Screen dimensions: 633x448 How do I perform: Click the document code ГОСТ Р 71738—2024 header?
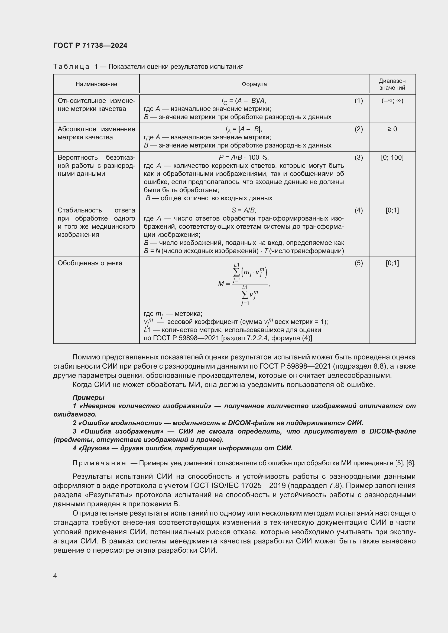(x=90, y=45)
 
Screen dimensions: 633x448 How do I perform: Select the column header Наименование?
(x=96, y=84)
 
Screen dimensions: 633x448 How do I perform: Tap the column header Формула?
(x=254, y=84)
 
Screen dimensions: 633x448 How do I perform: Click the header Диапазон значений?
(x=392, y=84)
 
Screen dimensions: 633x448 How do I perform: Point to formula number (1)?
(x=359, y=101)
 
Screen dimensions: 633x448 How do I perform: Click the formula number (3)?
(x=359, y=158)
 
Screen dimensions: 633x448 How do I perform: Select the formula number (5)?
(x=359, y=263)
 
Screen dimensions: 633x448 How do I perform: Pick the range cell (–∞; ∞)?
(x=392, y=101)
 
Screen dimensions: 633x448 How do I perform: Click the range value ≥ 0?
(x=392, y=129)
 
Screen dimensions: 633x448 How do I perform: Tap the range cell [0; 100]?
(x=392, y=158)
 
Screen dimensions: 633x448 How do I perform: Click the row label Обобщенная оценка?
(x=90, y=263)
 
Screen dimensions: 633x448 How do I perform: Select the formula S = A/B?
(x=244, y=210)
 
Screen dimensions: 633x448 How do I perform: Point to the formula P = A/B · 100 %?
(x=244, y=158)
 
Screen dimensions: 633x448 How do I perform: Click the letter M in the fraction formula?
(x=221, y=283)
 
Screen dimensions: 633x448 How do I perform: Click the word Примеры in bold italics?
(x=88, y=397)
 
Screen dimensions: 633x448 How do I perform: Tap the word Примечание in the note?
(x=99, y=463)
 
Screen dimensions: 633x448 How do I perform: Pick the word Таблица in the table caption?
(x=71, y=67)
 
